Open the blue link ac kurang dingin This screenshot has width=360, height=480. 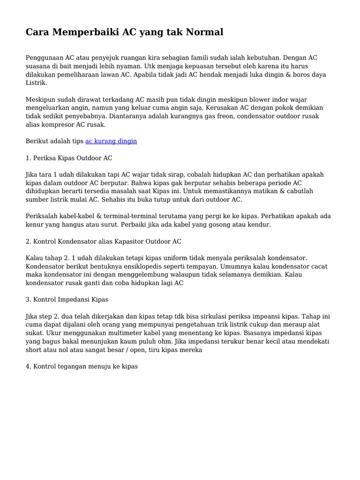111,141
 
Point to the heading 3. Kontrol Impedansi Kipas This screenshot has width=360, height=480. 67,299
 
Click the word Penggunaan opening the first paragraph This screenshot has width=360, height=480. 45,58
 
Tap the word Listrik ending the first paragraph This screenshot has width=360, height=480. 36,83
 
